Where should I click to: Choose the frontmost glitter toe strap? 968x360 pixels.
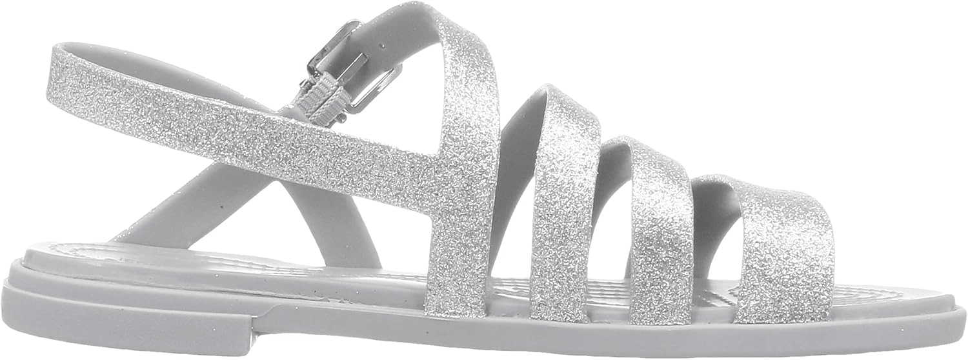point(774,252)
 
